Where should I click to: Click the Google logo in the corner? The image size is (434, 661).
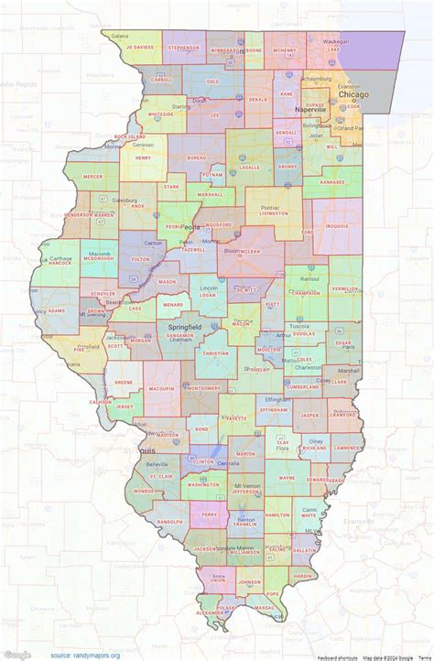17,654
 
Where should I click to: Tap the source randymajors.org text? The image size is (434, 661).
85,655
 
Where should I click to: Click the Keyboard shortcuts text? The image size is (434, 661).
337,656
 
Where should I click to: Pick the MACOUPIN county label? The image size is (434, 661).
161,389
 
